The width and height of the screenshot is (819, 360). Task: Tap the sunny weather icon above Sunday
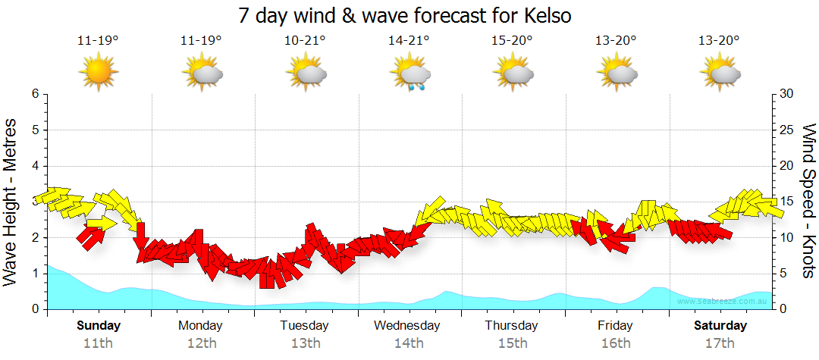[98, 74]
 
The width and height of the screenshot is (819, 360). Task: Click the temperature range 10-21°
[305, 41]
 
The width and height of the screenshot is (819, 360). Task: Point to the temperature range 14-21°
[409, 41]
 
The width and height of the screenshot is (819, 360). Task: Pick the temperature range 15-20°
[513, 41]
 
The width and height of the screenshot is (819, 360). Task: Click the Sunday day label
[98, 326]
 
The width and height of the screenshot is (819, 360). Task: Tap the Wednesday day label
[407, 326]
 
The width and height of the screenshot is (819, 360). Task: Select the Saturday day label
[720, 326]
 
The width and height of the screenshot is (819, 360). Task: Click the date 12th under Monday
[201, 343]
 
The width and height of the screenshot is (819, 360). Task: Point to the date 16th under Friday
[616, 343]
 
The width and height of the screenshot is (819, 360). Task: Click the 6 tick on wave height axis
[35, 94]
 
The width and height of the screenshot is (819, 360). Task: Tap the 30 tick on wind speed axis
[787, 94]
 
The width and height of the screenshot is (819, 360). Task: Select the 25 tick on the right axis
[787, 130]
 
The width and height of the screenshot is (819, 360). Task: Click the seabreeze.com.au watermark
[723, 301]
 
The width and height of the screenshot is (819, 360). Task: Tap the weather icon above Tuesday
[306, 74]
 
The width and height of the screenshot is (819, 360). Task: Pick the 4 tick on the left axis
[35, 166]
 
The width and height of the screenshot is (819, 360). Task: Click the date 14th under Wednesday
[409, 343]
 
